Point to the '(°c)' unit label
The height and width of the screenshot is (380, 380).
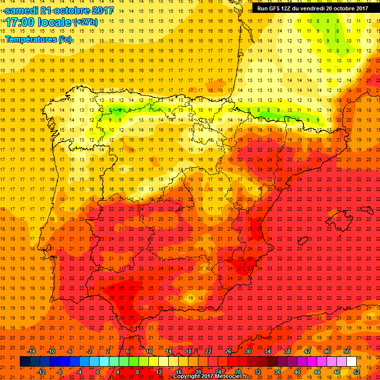[64, 39]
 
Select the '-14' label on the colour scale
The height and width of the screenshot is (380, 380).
[32, 351]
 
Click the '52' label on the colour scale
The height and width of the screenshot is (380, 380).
[356, 372]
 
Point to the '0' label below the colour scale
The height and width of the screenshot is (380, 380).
[98, 372]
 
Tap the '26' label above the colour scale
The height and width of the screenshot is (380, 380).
[228, 351]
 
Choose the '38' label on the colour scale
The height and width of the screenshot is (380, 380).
[287, 351]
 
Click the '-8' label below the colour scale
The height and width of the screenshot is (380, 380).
[59, 372]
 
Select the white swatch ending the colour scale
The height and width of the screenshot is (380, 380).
[351, 361]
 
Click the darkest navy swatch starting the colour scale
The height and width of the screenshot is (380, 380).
[25, 361]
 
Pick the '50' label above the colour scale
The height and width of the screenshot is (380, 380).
[346, 351]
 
